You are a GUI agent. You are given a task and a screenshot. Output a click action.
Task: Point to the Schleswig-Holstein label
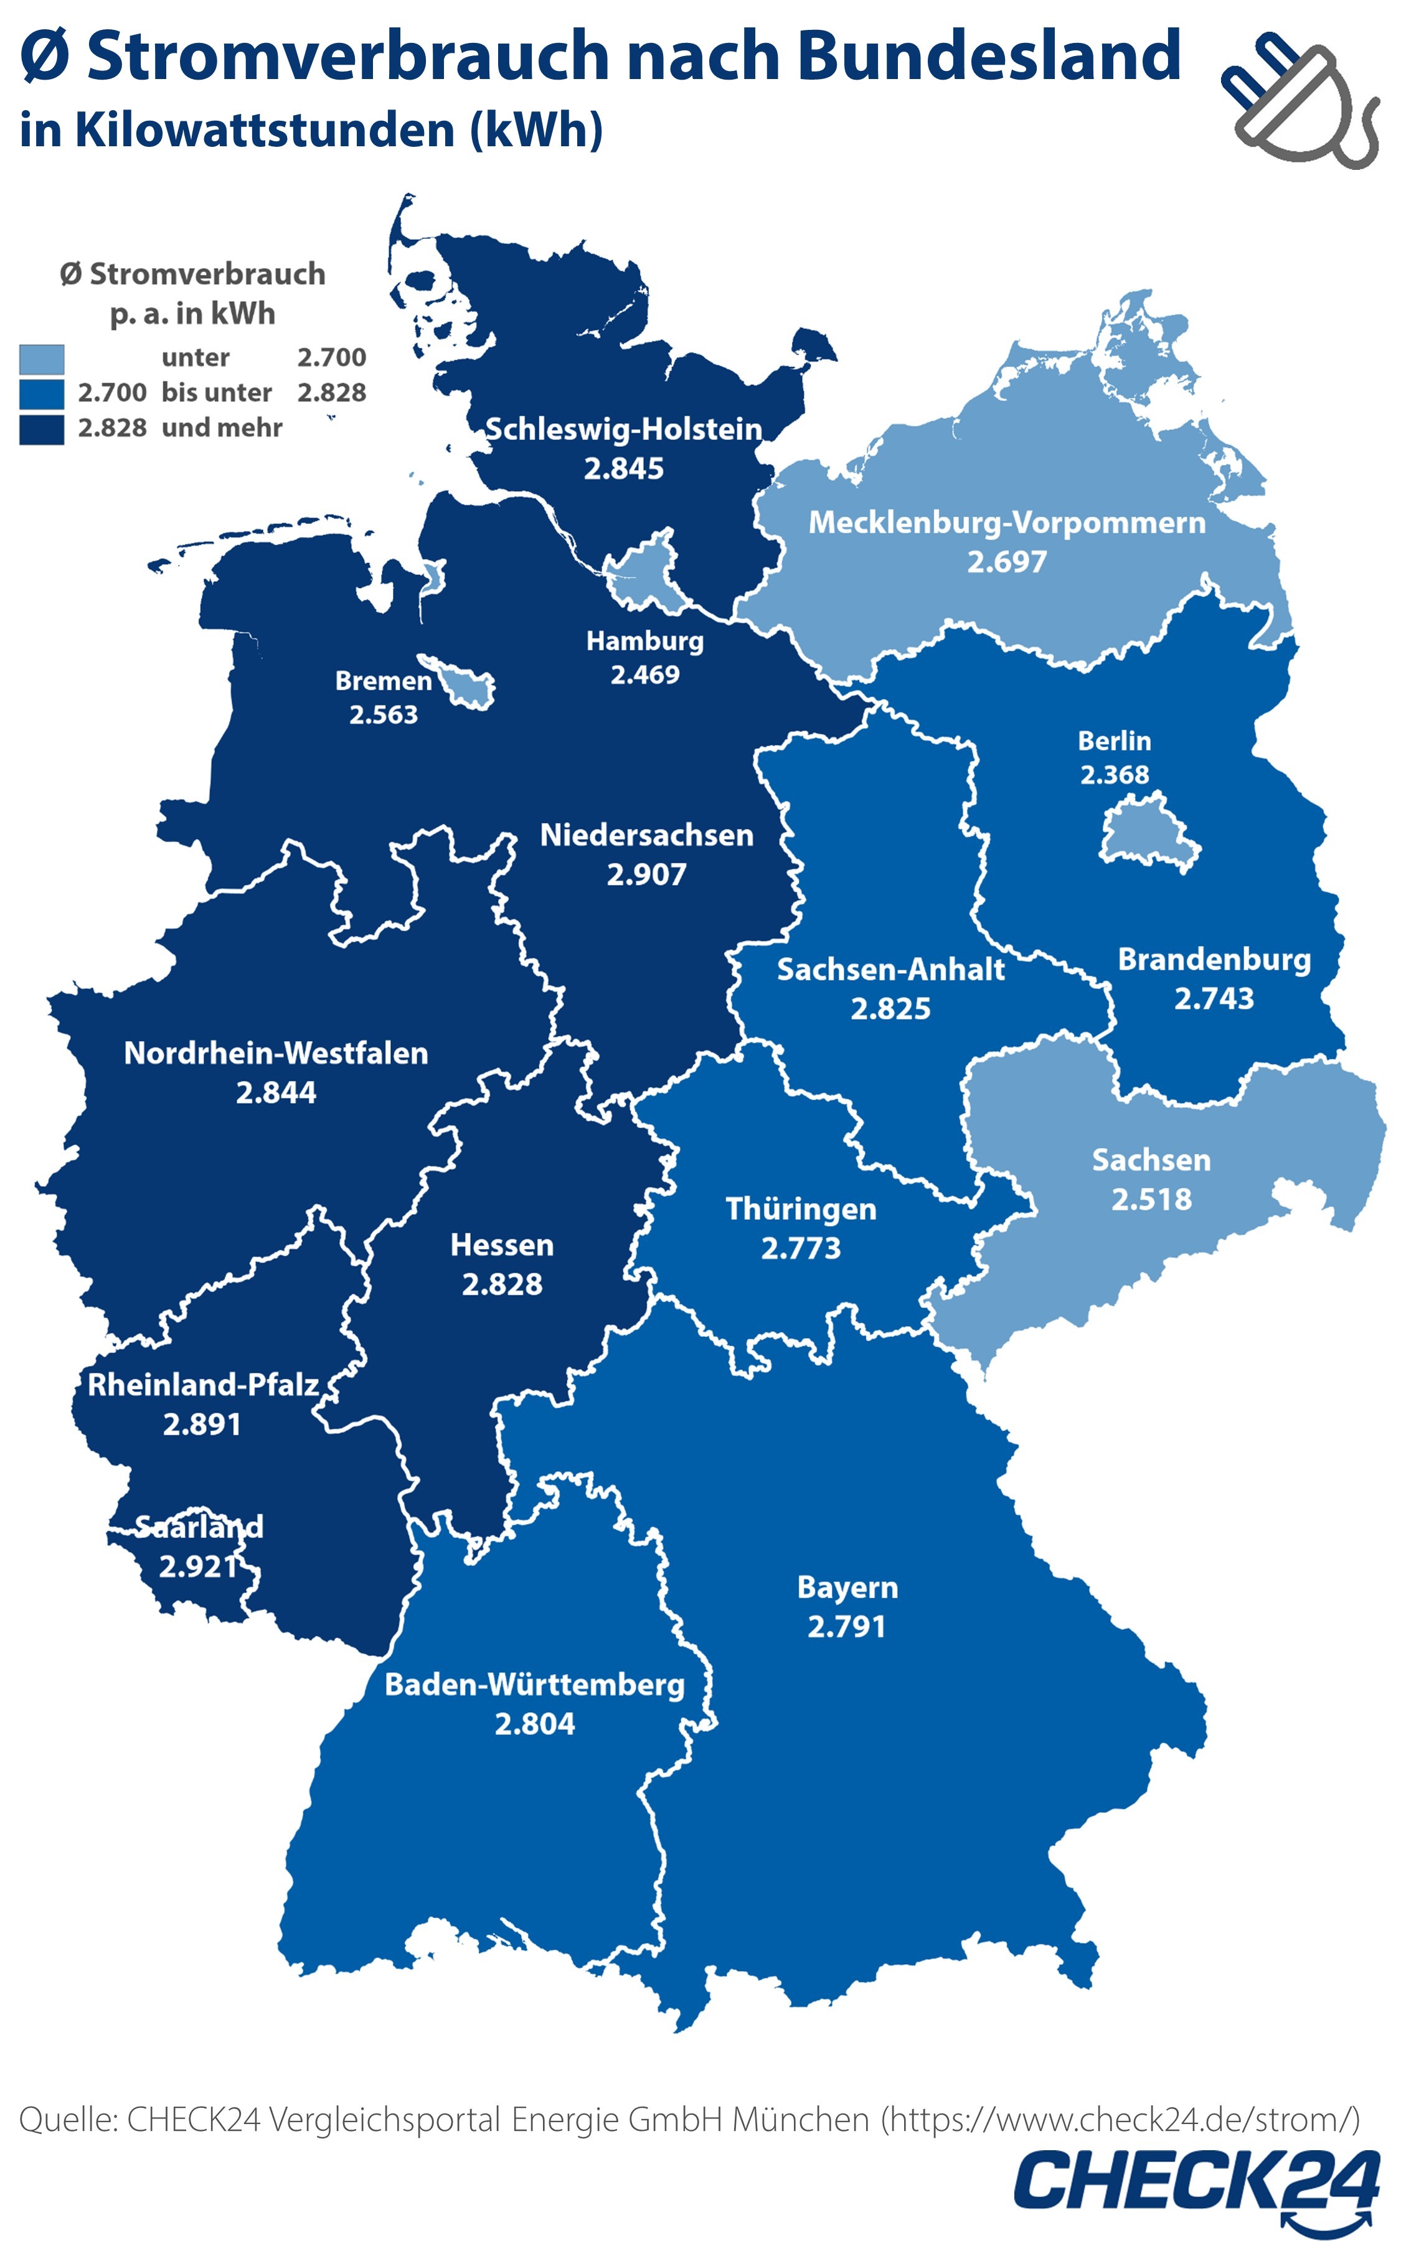(623, 429)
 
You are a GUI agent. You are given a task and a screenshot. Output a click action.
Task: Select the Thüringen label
(801, 1209)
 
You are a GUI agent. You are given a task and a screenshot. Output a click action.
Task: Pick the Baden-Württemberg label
(535, 1685)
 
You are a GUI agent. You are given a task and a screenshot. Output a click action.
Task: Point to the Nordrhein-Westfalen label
(276, 1053)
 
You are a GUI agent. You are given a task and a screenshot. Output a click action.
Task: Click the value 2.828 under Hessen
(502, 1285)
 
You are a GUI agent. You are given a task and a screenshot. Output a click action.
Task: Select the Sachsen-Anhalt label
(890, 970)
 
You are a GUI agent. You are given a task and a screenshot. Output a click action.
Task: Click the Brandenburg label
(1214, 960)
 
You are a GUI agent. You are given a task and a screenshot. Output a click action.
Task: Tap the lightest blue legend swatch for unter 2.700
(42, 358)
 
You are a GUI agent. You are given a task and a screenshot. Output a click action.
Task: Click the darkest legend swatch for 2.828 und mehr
(42, 429)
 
